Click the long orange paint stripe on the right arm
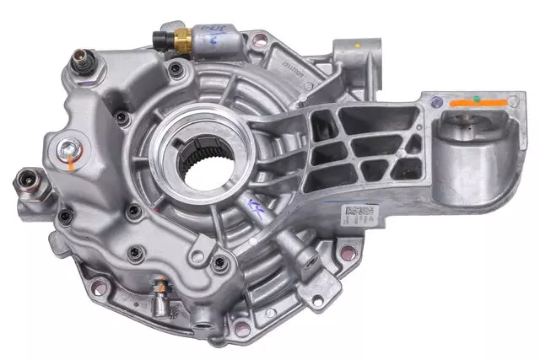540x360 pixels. click(478, 103)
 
